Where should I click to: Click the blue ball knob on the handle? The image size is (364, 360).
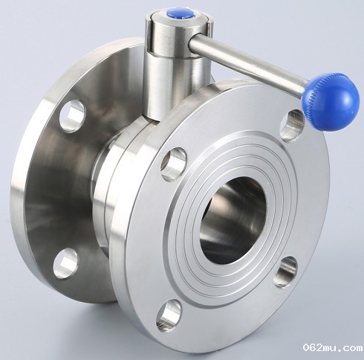(331, 102)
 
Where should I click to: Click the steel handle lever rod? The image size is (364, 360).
(247, 64)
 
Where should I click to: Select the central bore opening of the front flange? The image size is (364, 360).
(233, 220)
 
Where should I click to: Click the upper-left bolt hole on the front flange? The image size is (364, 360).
(174, 164)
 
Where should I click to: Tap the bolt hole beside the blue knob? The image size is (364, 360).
(291, 126)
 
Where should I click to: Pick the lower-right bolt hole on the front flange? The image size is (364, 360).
(285, 272)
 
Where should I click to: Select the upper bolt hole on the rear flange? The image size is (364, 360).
(72, 116)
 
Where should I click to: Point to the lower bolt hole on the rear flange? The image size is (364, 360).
(65, 263)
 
